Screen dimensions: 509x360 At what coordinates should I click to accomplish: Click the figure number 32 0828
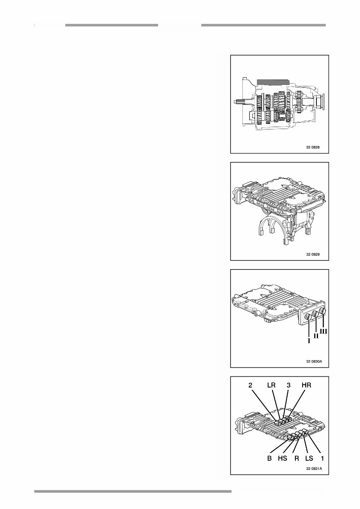point(312,147)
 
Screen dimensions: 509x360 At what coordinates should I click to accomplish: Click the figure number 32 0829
point(312,255)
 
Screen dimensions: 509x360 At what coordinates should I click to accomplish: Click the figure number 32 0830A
point(314,361)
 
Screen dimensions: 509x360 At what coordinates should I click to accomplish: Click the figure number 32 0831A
point(314,468)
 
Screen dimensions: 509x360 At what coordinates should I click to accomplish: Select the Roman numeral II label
point(316,336)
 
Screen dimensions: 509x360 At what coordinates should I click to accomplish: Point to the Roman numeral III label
point(324,331)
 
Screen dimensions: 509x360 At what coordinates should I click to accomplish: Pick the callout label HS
point(282,459)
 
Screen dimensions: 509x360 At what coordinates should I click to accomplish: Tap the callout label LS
point(309,459)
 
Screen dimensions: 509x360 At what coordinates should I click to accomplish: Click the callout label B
point(269,459)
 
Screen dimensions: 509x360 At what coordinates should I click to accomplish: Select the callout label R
point(296,459)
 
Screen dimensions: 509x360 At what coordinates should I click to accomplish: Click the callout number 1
point(322,459)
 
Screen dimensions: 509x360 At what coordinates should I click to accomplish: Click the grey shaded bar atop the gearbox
point(274,82)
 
